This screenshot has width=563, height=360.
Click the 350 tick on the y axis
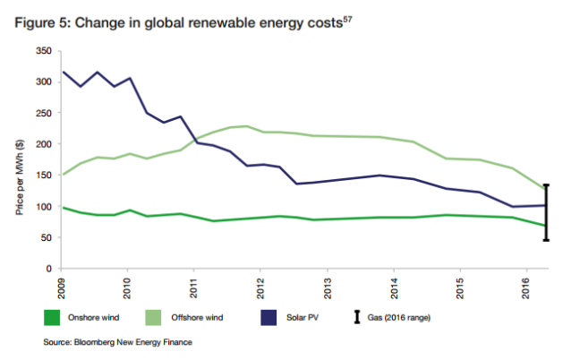click(42, 51)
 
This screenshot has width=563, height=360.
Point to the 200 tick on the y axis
click(42, 144)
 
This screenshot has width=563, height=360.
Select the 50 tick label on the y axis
click(45, 237)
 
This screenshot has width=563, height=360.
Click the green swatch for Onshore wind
click(55, 318)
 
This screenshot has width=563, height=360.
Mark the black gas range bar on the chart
click(546, 212)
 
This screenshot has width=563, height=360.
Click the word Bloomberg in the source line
click(99, 342)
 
